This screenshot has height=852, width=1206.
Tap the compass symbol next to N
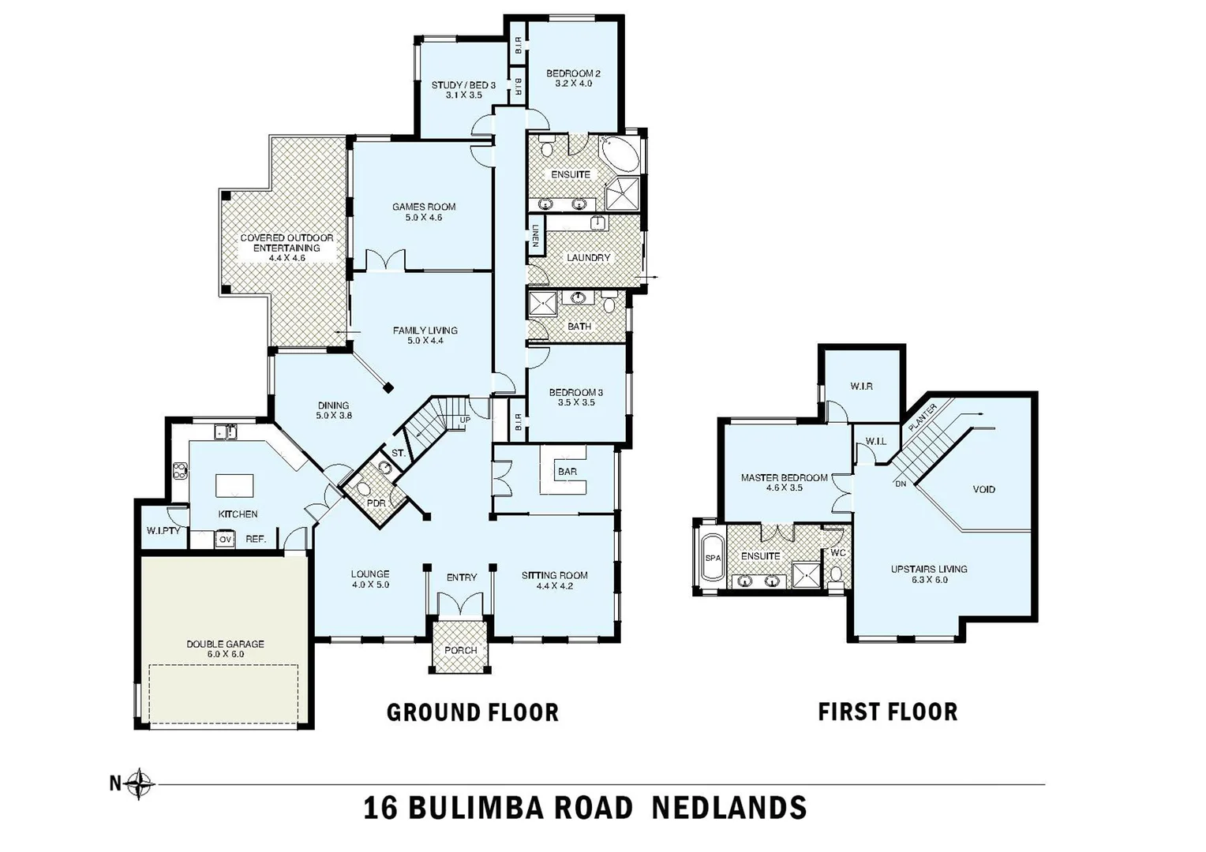(140, 784)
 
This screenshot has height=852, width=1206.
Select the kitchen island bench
(235, 484)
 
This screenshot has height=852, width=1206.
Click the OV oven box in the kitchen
(226, 540)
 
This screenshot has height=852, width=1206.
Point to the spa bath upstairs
(712, 557)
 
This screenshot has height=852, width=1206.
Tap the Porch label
(461, 650)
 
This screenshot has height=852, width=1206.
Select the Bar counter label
(567, 472)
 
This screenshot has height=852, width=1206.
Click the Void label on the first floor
(983, 489)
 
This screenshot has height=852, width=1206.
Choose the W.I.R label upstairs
(861, 387)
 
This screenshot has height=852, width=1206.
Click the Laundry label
(588, 258)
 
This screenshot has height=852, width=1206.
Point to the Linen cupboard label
(535, 236)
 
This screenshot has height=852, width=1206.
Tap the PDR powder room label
(376, 503)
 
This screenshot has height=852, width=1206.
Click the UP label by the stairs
(465, 420)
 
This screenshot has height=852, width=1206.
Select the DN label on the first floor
(901, 484)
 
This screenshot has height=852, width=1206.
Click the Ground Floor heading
(472, 712)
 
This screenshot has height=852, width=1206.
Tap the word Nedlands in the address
(729, 808)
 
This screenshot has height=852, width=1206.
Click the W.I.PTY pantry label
(163, 530)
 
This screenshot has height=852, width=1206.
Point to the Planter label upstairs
(922, 416)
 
